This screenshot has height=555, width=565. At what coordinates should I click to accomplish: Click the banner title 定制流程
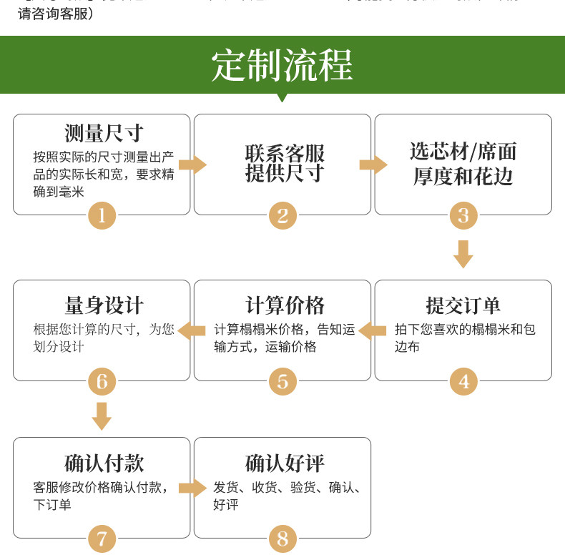(282, 66)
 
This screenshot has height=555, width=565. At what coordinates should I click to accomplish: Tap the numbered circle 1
(102, 215)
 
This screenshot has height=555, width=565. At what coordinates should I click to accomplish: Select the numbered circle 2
(282, 215)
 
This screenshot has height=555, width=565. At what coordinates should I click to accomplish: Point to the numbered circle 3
(463, 215)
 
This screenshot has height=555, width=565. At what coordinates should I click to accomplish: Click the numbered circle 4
(463, 381)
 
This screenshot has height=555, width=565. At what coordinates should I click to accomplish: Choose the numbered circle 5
(282, 381)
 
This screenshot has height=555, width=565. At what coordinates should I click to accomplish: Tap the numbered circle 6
(102, 381)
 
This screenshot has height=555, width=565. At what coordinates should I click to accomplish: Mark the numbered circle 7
(102, 538)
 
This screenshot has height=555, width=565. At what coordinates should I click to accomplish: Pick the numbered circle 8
(282, 538)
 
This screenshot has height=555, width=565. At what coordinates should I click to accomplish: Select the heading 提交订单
(463, 306)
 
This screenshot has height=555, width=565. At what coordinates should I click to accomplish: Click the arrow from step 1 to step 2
(192, 165)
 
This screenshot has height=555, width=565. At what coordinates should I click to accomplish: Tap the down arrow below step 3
(463, 254)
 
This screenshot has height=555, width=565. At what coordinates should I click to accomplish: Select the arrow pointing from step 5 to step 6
(192, 330)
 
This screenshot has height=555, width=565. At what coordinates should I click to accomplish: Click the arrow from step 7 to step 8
(192, 488)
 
